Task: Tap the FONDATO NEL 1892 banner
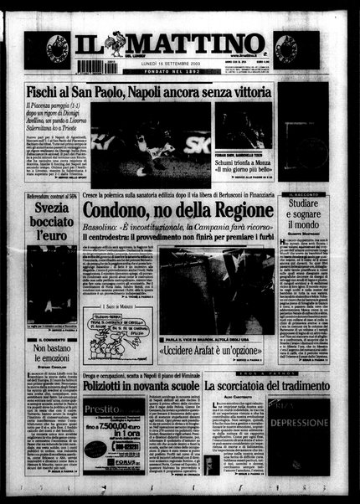(181, 71)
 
